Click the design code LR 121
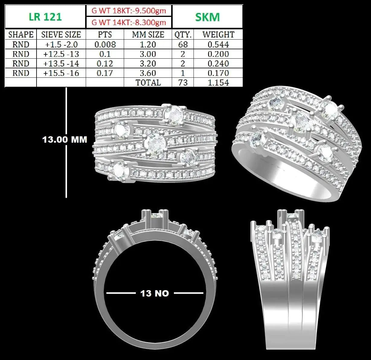tap(45, 17)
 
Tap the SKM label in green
tap(207, 17)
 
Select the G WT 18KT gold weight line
tap(129, 11)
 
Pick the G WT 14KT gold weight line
tap(129, 22)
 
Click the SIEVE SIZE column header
tap(61, 34)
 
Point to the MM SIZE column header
tap(148, 34)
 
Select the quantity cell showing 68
tap(183, 44)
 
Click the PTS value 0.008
tap(105, 44)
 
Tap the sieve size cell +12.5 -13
tap(61, 54)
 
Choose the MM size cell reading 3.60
tap(148, 73)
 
